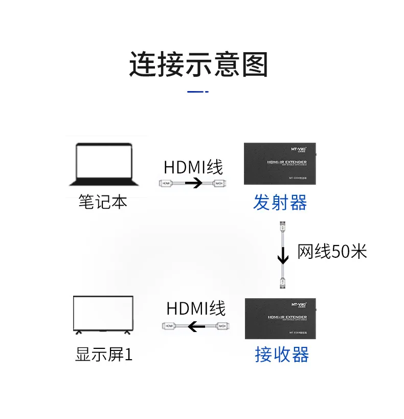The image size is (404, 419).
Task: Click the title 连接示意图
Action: click(x=198, y=65)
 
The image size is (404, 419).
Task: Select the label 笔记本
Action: click(x=103, y=201)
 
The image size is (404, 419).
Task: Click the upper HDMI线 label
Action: click(x=193, y=167)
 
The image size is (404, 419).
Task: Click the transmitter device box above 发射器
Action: click(x=280, y=164)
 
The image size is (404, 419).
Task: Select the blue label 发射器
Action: click(x=280, y=203)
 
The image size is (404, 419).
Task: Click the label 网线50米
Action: click(x=332, y=251)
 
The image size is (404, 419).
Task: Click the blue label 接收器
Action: click(x=282, y=354)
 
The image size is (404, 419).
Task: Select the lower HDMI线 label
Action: click(x=196, y=308)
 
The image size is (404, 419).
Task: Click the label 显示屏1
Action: click(x=103, y=354)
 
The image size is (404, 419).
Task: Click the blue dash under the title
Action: click(x=198, y=92)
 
